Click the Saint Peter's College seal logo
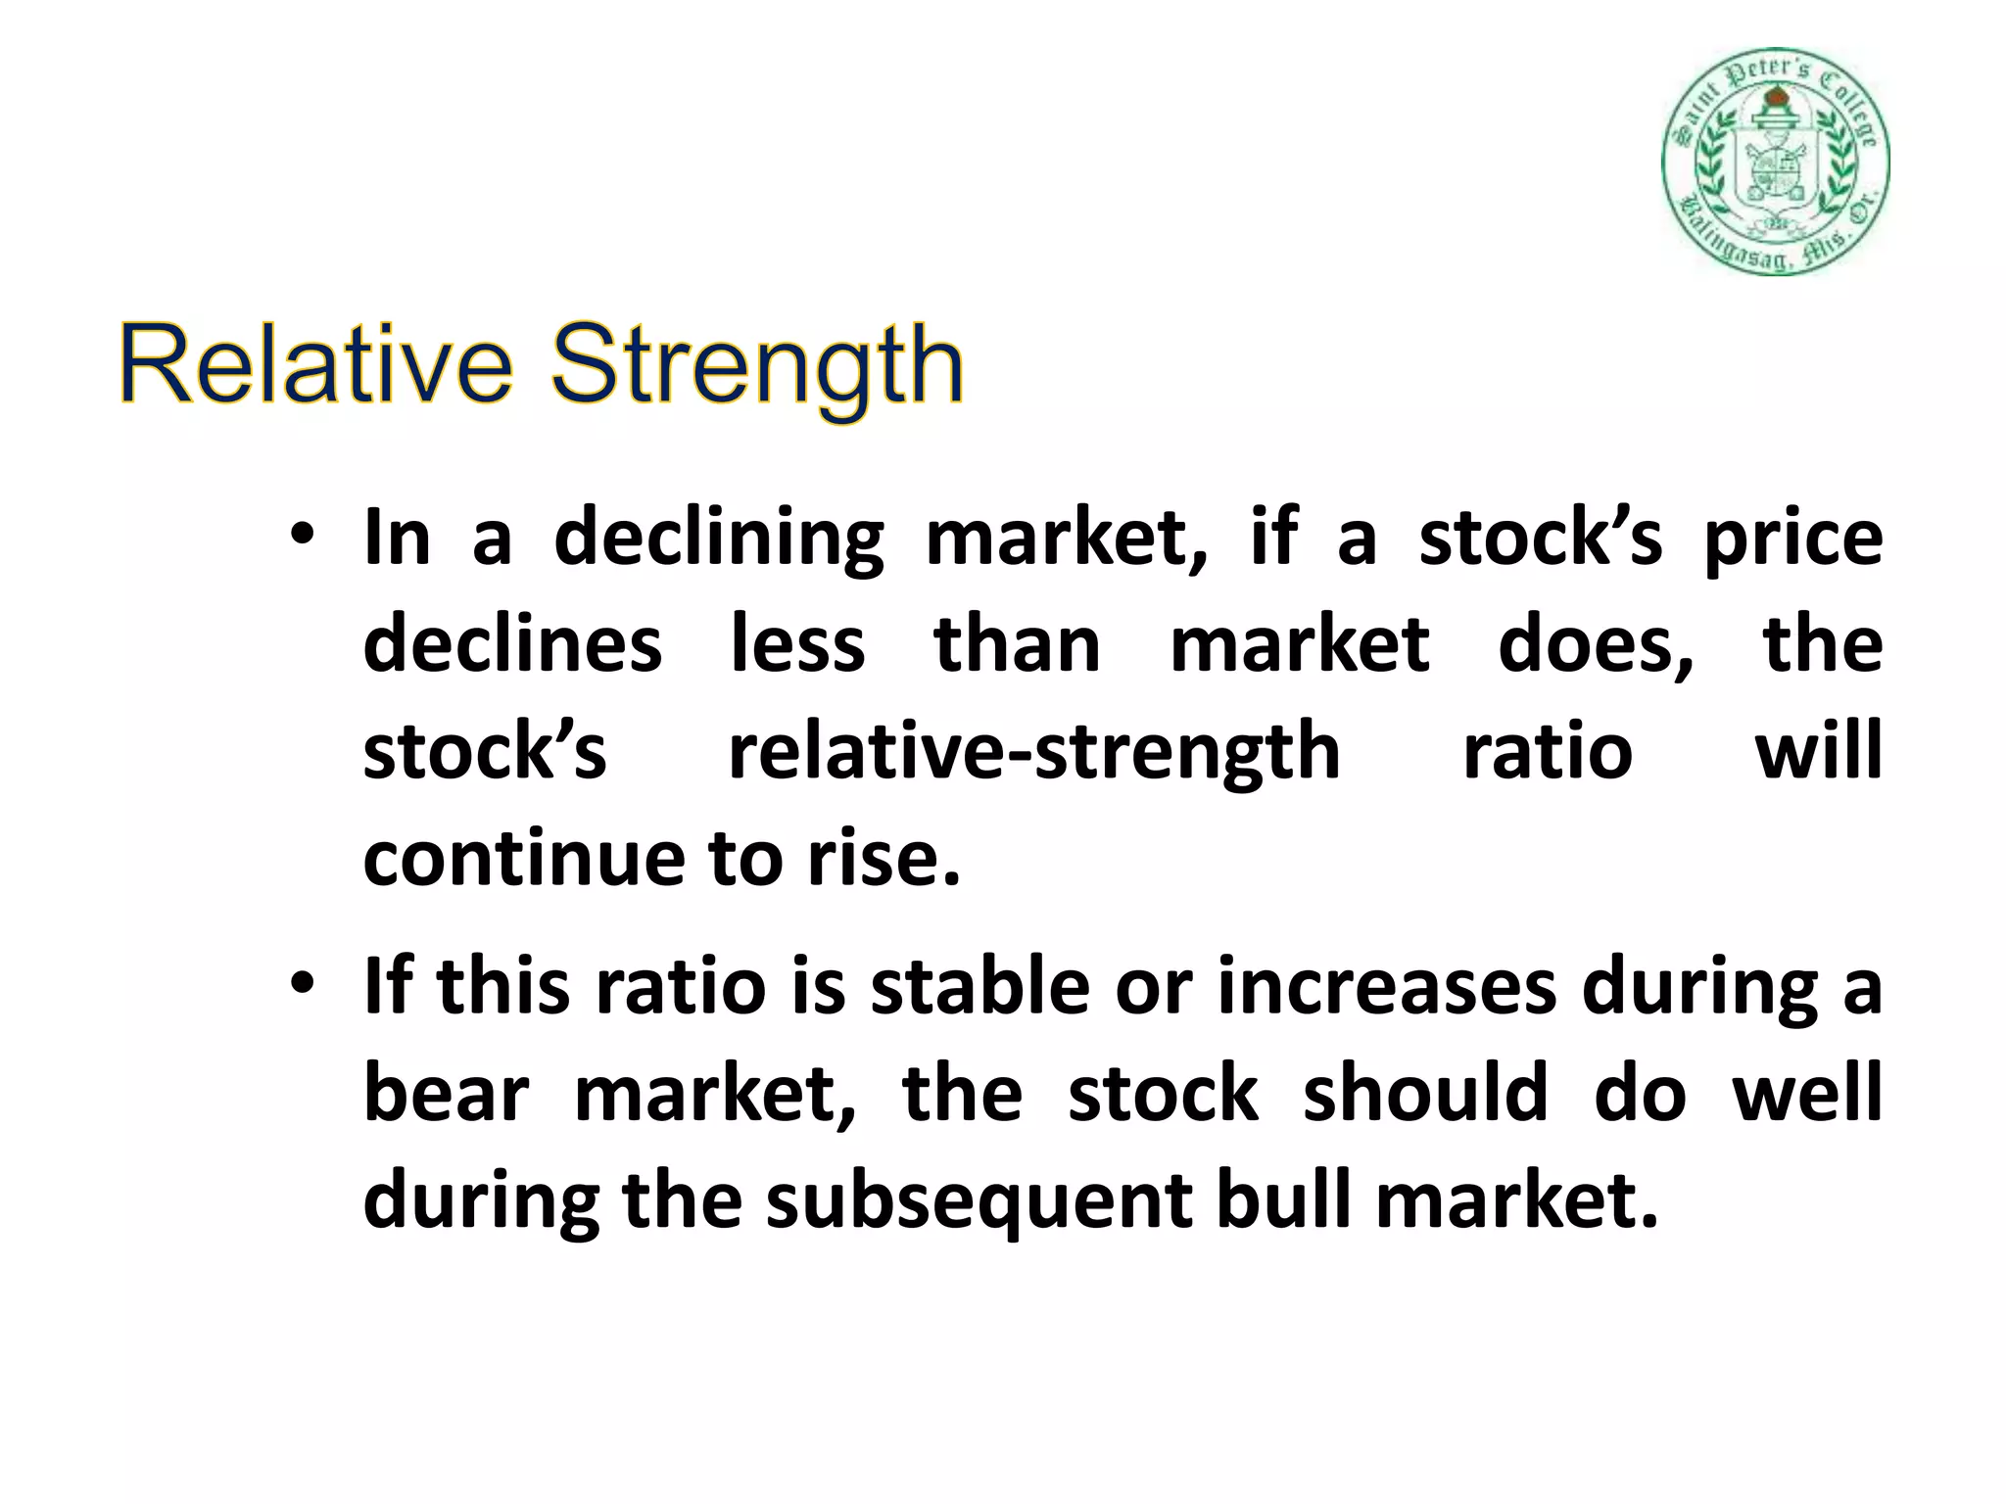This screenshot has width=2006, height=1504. click(x=1776, y=162)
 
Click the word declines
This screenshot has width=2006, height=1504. click(x=512, y=645)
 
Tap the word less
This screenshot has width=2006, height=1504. click(x=798, y=645)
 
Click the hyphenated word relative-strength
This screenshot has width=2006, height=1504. click(x=1033, y=752)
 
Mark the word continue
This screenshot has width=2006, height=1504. click(x=524, y=859)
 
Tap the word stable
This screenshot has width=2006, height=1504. click(x=980, y=987)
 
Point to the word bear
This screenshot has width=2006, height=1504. click(x=446, y=1094)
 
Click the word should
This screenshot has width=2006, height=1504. click(x=1425, y=1094)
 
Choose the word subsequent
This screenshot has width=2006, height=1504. click(x=979, y=1202)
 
